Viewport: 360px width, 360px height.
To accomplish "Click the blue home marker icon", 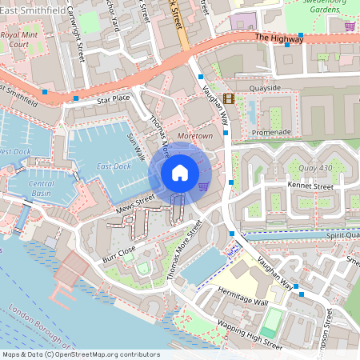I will [x=179, y=172].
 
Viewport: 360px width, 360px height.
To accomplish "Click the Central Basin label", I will [x=42, y=188].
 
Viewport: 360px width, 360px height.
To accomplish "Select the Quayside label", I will [x=265, y=89].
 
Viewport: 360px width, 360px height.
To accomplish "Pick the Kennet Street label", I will [x=310, y=186].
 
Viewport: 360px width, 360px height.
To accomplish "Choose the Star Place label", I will [x=113, y=99].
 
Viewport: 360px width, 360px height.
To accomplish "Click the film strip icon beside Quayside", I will [x=230, y=99].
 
